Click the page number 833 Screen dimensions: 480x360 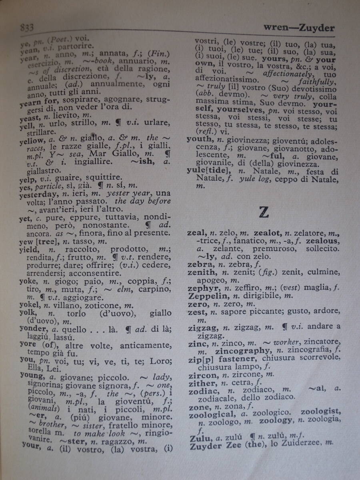[27, 27]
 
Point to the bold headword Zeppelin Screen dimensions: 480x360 [209, 296]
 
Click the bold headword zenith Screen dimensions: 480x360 [202, 272]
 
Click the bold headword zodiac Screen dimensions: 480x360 [203, 391]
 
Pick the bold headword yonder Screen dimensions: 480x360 [34, 329]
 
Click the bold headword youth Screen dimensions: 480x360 [199, 139]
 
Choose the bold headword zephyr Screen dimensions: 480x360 [203, 288]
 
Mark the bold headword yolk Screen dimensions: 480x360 [28, 313]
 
